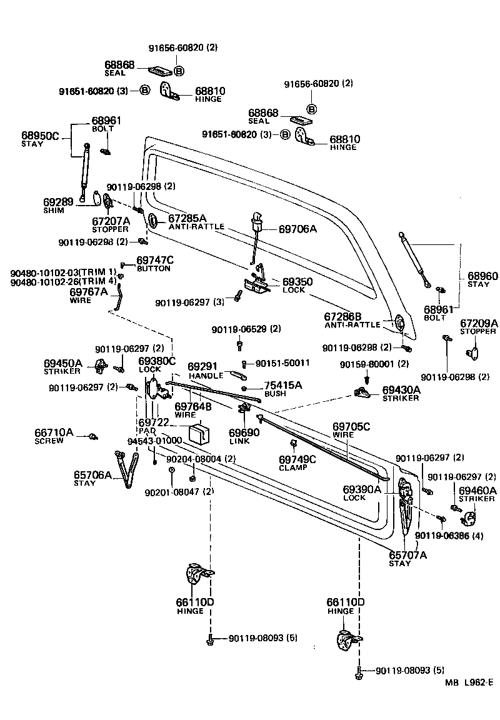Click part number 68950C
[x=41, y=135]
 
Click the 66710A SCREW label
[x=54, y=435]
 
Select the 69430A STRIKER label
[x=401, y=393]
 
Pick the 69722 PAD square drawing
[x=199, y=433]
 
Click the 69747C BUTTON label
[x=155, y=262]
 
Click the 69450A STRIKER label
[x=62, y=366]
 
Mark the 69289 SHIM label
[x=58, y=205]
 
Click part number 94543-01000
[x=154, y=441]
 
